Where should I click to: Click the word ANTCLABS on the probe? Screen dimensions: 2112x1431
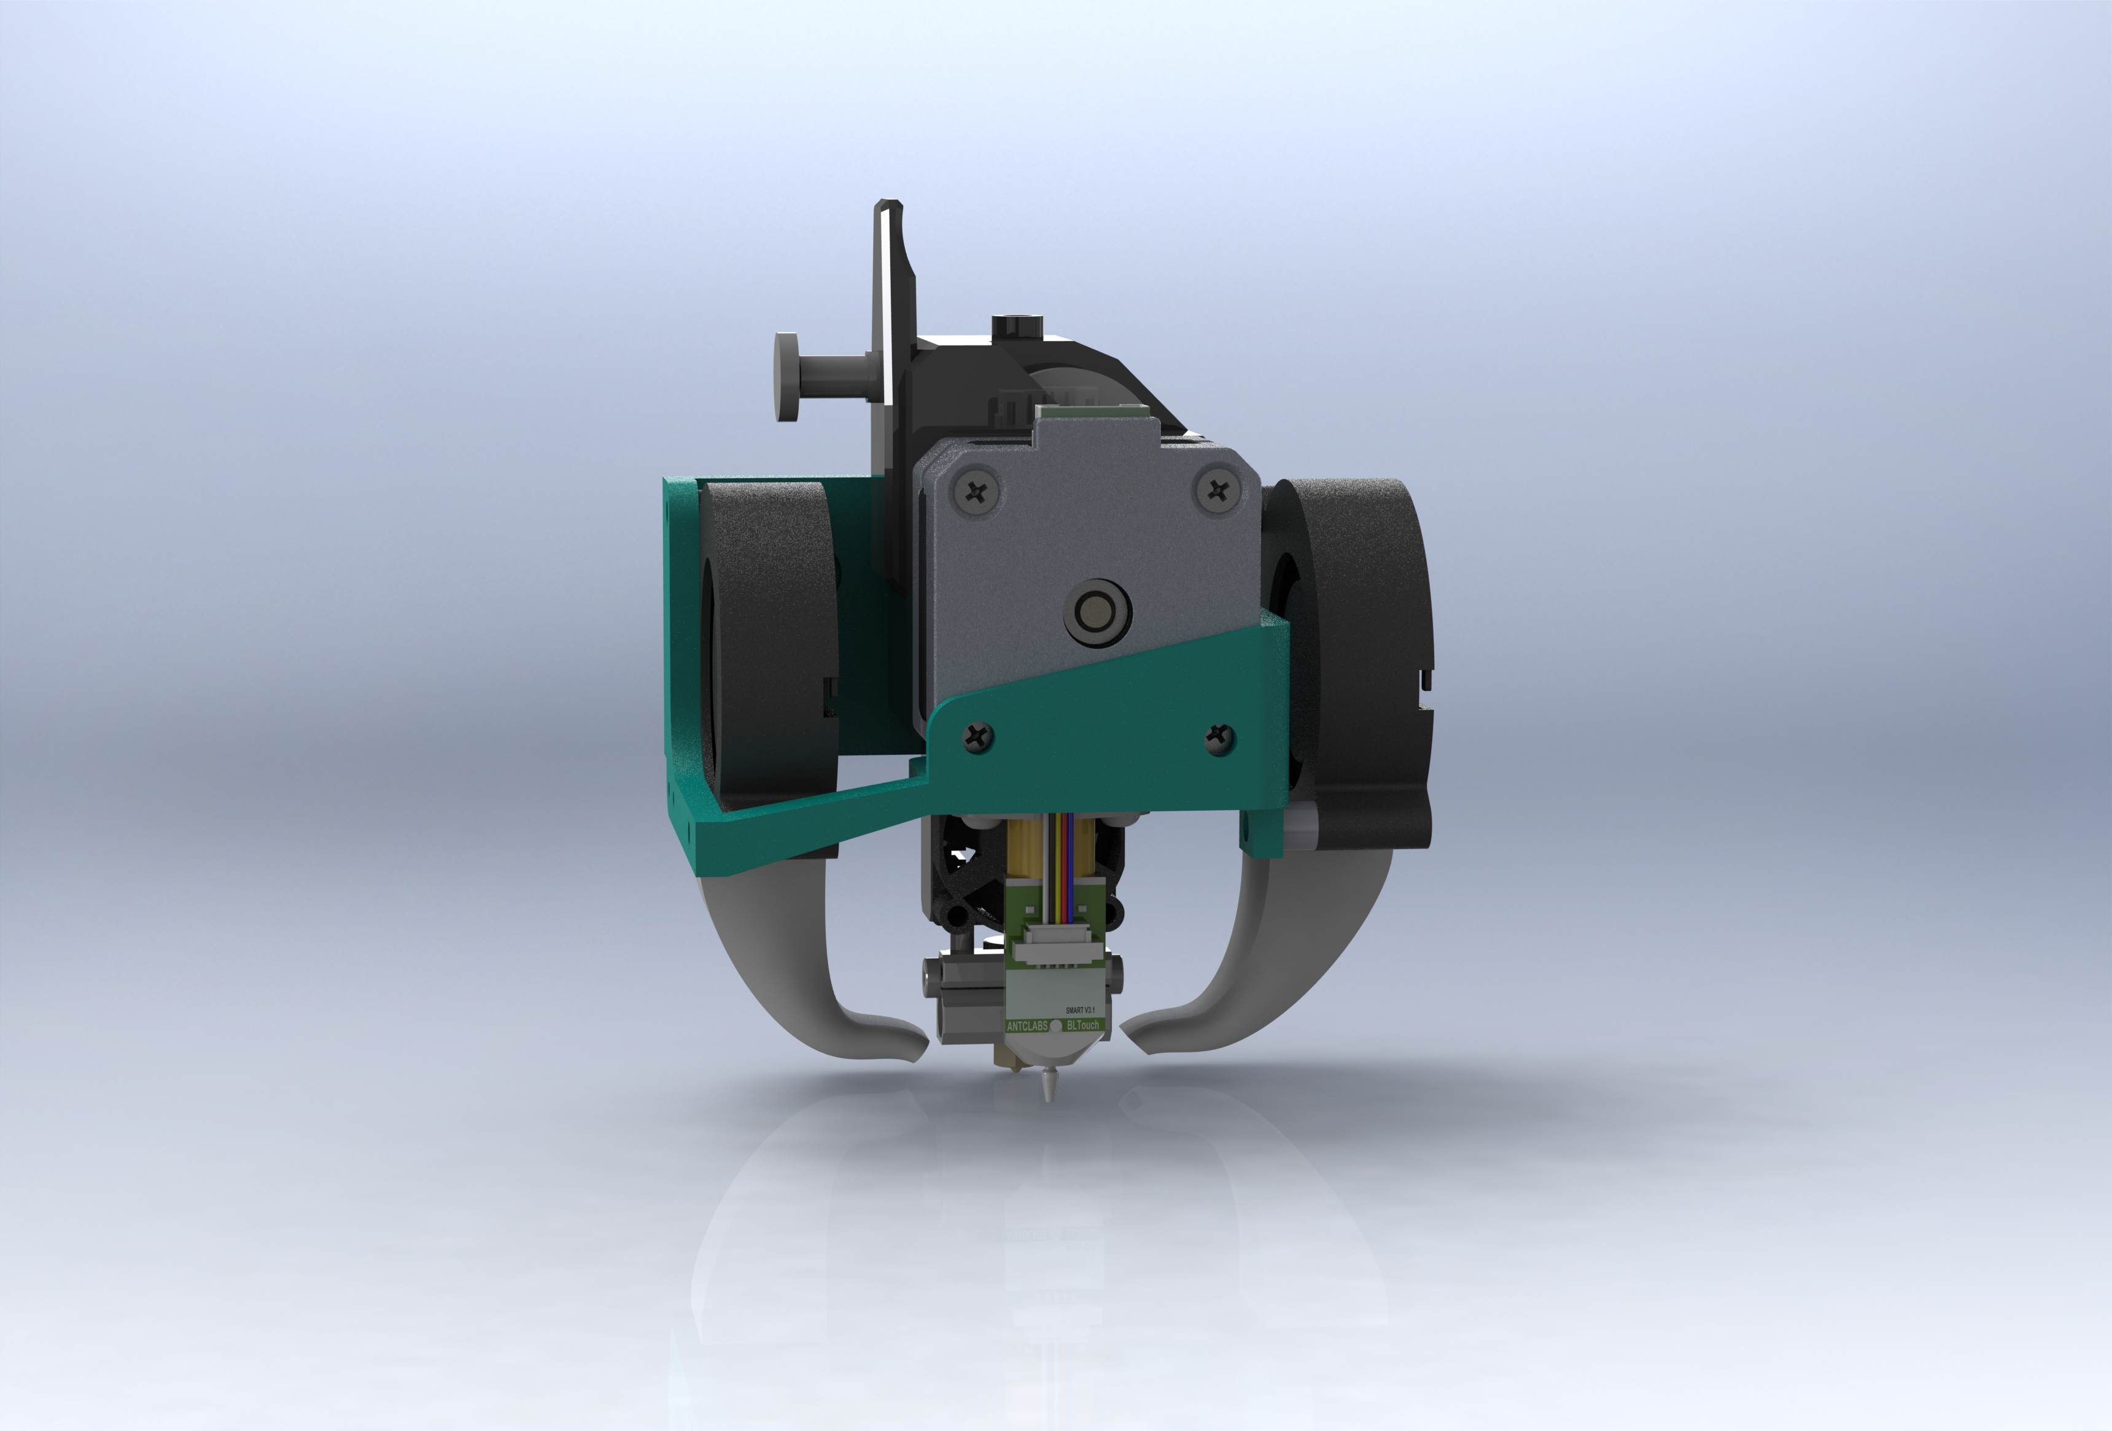[1027, 1026]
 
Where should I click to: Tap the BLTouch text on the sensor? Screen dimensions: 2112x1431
[1082, 1025]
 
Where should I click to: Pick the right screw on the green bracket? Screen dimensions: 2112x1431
[1219, 738]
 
